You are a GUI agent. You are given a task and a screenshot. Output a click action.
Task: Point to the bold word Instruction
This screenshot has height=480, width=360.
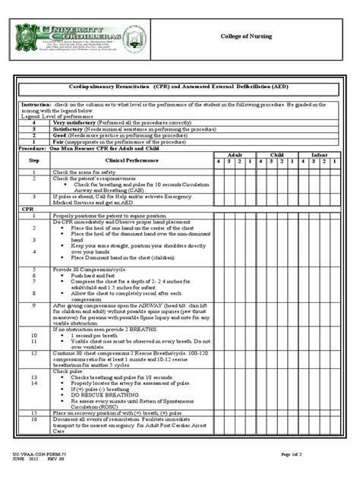tap(36, 103)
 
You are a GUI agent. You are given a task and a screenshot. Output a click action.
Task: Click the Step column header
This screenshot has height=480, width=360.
tap(33, 160)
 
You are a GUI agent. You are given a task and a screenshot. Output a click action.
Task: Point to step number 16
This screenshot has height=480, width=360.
tap(33, 418)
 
